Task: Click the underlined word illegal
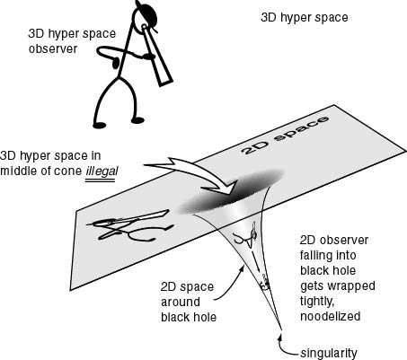[x=102, y=171]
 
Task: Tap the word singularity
[x=329, y=353]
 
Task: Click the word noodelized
[x=330, y=316]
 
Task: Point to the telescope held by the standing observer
[x=157, y=56]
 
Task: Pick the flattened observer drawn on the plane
[x=129, y=226]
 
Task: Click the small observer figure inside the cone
[x=246, y=236]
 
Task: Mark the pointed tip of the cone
[x=281, y=329]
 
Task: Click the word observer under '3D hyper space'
[x=53, y=48]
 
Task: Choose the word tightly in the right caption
[x=317, y=302]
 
